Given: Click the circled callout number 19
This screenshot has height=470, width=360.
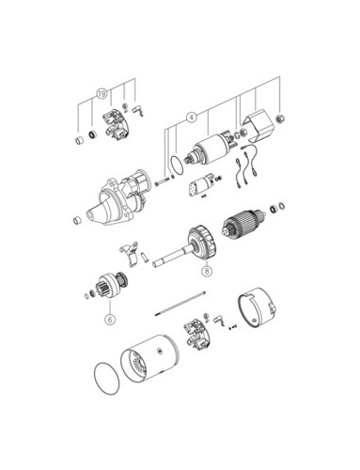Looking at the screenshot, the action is [x=102, y=94].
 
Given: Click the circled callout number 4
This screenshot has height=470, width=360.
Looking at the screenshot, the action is [x=192, y=117].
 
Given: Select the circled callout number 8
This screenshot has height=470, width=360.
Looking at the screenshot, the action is [x=207, y=271].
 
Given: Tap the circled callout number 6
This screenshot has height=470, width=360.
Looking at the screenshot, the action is [x=110, y=320].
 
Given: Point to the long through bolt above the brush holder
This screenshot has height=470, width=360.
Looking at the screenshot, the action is [x=180, y=304].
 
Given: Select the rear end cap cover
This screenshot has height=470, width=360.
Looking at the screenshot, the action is [x=257, y=308].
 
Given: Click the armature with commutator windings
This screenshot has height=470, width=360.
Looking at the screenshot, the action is [x=243, y=224].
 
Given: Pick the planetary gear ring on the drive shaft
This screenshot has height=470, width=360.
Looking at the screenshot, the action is [x=203, y=243].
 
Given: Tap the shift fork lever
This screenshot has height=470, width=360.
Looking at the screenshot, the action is [x=130, y=253].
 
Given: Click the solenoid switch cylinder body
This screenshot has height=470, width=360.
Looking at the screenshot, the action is [x=211, y=150].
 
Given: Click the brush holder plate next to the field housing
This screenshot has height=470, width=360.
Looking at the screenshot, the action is [x=196, y=335].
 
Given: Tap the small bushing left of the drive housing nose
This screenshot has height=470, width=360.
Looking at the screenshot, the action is [x=77, y=220].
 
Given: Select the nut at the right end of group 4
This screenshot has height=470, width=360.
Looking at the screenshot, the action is [x=281, y=119].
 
